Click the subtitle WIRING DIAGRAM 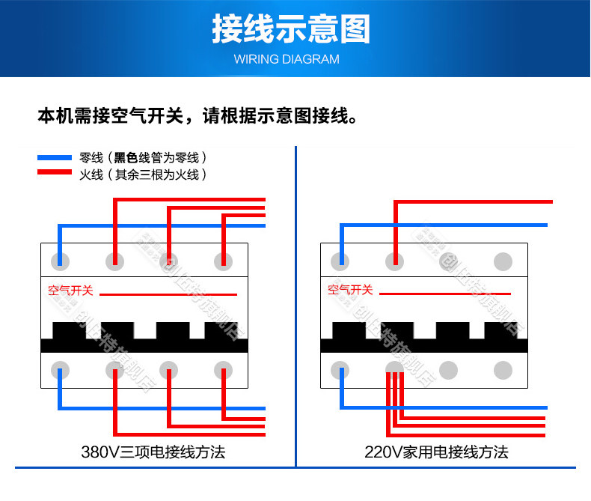(291, 59)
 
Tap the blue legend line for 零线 (55, 158)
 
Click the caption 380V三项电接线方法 (153, 452)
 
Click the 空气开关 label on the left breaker (70, 290)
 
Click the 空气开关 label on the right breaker (350, 290)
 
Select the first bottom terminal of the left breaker (60, 370)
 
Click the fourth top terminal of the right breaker (503, 261)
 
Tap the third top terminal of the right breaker (449, 261)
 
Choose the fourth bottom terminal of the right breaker (503, 370)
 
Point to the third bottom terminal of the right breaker (449, 370)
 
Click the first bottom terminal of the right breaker (340, 370)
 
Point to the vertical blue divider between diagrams (297, 300)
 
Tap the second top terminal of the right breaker (394, 261)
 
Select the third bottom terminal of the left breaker (169, 370)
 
